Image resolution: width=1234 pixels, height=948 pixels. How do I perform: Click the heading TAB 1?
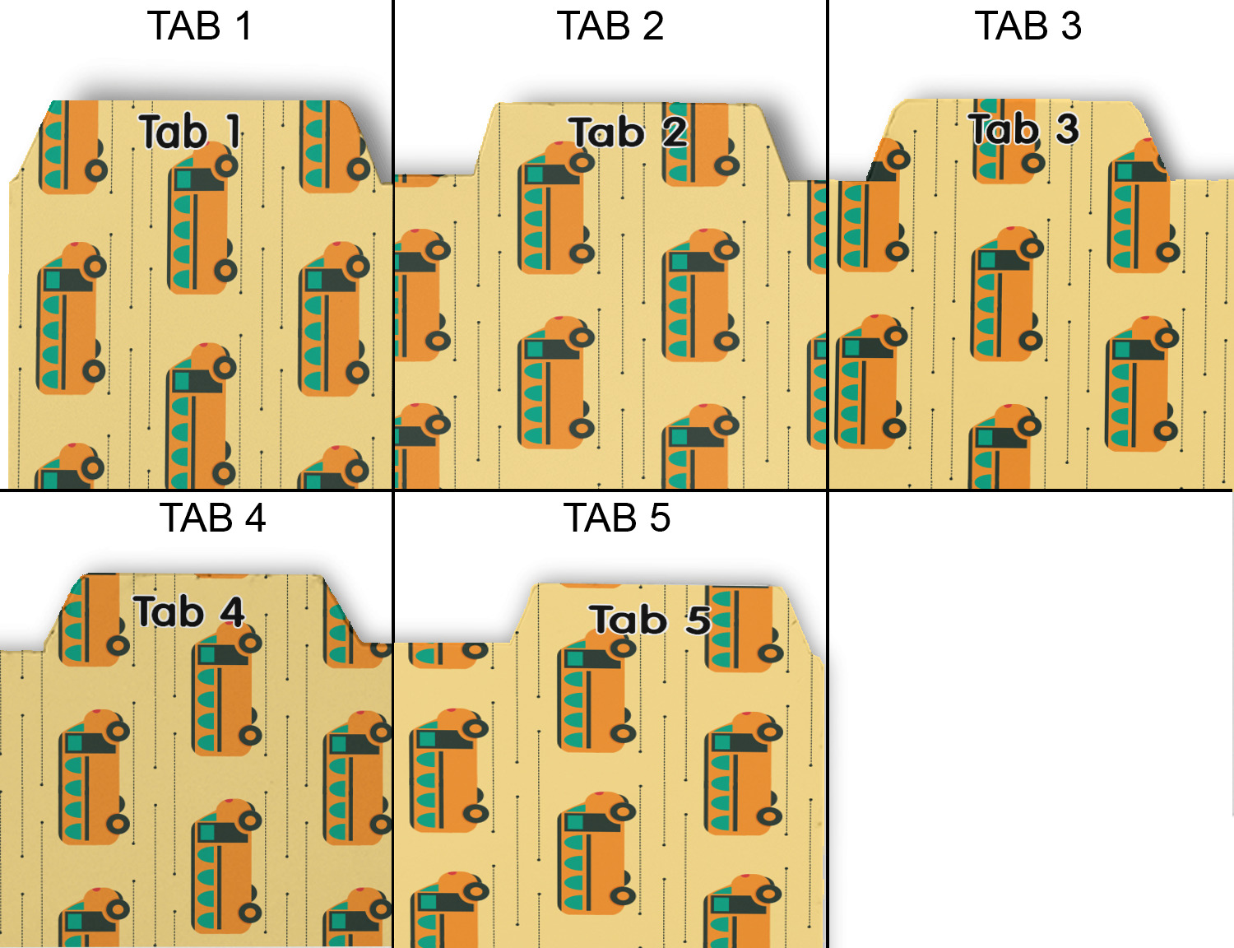(200, 26)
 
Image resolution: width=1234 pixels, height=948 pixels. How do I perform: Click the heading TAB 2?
(610, 26)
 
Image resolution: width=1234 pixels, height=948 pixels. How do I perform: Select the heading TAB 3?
(1028, 26)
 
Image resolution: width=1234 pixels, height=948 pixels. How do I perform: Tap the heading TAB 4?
(212, 518)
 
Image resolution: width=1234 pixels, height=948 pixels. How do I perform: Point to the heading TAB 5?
(617, 518)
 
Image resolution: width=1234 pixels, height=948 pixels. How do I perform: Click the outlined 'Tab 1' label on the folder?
(190, 132)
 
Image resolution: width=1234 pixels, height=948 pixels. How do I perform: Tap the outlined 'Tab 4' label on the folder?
(190, 612)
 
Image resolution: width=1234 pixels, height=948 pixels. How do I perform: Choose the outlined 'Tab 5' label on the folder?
(650, 620)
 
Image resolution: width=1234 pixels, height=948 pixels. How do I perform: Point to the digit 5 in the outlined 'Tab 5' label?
(698, 620)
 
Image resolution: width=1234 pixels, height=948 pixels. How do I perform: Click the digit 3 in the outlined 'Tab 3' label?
(1067, 129)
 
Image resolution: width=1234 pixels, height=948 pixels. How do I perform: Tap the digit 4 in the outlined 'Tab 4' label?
(232, 612)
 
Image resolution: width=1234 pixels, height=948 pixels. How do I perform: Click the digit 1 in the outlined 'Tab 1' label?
(233, 132)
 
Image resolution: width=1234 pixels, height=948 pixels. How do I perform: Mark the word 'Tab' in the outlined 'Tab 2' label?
(606, 132)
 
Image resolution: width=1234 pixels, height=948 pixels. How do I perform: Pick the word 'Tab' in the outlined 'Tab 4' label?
(169, 612)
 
